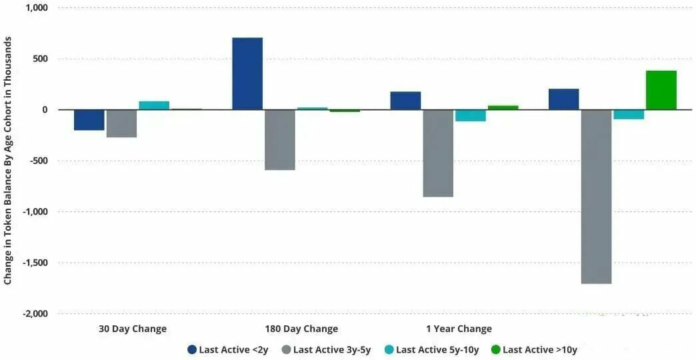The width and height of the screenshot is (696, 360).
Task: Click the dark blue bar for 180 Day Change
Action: click(247, 74)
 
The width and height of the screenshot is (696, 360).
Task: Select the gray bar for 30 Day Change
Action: click(121, 123)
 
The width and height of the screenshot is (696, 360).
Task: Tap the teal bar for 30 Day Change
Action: click(154, 105)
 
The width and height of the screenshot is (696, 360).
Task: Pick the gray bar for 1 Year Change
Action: click(438, 153)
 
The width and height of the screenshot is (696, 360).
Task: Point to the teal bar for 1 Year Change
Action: click(471, 115)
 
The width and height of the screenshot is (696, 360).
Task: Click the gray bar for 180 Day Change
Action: click(279, 140)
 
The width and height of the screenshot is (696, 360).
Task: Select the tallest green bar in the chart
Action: click(661, 90)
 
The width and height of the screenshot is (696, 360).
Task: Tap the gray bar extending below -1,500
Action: click(596, 197)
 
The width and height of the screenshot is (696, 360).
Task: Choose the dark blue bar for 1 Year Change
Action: click(406, 101)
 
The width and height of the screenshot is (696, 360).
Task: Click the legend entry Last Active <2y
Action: click(228, 350)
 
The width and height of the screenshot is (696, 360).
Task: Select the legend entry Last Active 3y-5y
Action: click(326, 350)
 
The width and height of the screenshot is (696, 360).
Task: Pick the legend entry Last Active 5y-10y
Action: click(431, 350)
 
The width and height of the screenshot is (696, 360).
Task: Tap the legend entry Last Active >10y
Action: click(534, 350)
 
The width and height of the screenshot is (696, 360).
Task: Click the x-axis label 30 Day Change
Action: click(133, 329)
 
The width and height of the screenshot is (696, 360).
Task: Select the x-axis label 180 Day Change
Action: click(301, 329)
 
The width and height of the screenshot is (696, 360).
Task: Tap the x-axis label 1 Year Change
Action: click(459, 329)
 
